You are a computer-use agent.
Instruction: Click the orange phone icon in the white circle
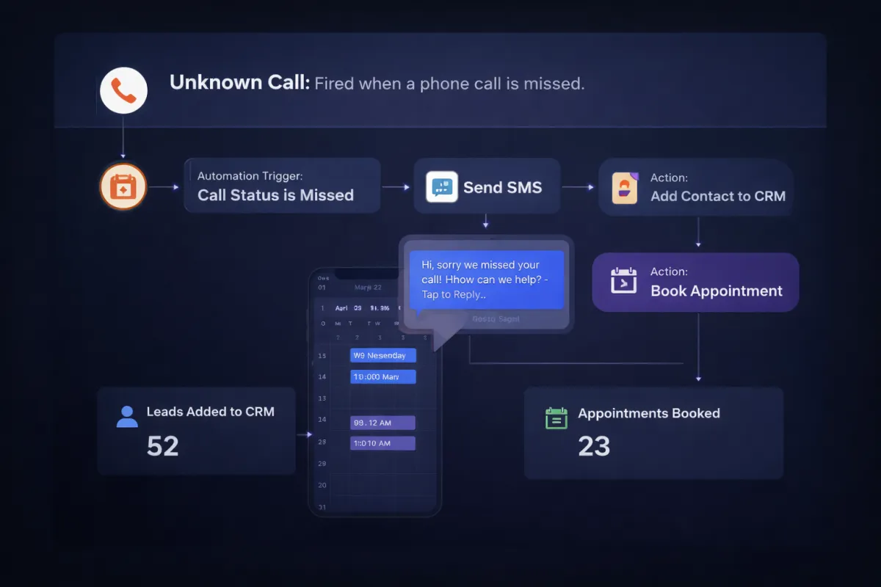click(x=123, y=90)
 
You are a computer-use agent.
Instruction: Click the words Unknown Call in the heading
click(x=239, y=83)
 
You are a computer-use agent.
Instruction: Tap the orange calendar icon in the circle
click(x=123, y=186)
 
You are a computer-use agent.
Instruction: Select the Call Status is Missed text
click(x=275, y=195)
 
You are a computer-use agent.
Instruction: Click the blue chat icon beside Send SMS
click(x=441, y=187)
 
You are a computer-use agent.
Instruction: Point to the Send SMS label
click(x=502, y=187)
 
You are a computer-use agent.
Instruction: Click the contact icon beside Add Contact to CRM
click(x=625, y=188)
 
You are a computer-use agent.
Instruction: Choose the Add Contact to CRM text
click(x=717, y=196)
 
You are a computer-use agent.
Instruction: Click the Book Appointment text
click(x=717, y=291)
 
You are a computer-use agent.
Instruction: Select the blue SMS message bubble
click(x=486, y=280)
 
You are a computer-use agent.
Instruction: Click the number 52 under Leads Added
click(x=162, y=445)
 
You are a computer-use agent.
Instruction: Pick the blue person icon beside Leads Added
click(x=127, y=416)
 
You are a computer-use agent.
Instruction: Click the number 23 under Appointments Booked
click(x=594, y=445)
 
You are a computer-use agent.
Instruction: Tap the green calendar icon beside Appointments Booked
click(x=556, y=418)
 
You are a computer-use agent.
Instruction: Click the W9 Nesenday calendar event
click(x=383, y=356)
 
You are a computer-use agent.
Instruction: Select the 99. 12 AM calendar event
click(x=383, y=423)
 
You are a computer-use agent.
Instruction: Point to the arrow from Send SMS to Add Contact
click(x=579, y=187)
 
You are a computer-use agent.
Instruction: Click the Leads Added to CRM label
click(x=210, y=412)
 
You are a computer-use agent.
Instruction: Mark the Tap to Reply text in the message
click(x=453, y=294)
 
